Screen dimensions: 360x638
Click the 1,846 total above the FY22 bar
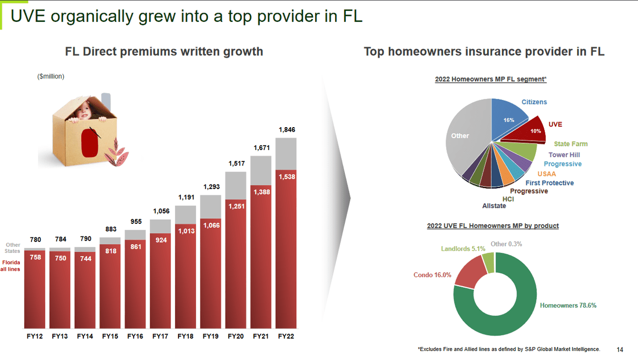point(286,130)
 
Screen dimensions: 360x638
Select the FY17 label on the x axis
point(160,337)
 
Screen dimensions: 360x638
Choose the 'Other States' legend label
point(12,248)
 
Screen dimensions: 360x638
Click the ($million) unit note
point(51,76)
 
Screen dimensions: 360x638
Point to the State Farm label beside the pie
point(570,144)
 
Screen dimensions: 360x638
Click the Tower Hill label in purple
point(564,155)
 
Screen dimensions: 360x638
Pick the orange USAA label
point(546,174)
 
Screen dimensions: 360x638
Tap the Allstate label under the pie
point(494,206)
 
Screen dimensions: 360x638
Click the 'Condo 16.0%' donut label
point(432,275)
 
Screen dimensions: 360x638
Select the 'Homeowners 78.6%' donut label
point(568,305)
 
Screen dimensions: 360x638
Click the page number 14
point(620,350)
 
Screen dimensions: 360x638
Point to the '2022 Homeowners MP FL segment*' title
point(490,79)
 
